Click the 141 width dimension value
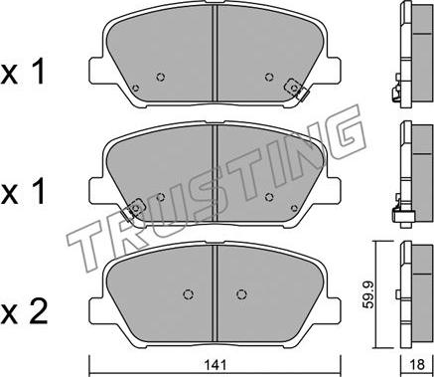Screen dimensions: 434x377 click(x=216, y=365)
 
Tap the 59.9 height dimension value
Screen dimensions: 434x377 click(x=367, y=294)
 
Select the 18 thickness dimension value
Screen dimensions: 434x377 click(x=418, y=365)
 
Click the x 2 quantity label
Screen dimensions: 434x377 click(x=23, y=312)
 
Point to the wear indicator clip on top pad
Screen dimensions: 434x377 click(x=297, y=89)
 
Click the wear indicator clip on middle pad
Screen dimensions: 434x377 click(x=132, y=210)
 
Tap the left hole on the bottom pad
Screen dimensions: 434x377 click(x=189, y=294)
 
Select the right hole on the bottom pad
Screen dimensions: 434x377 click(x=241, y=294)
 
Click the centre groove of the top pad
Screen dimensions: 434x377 click(x=216, y=53)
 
